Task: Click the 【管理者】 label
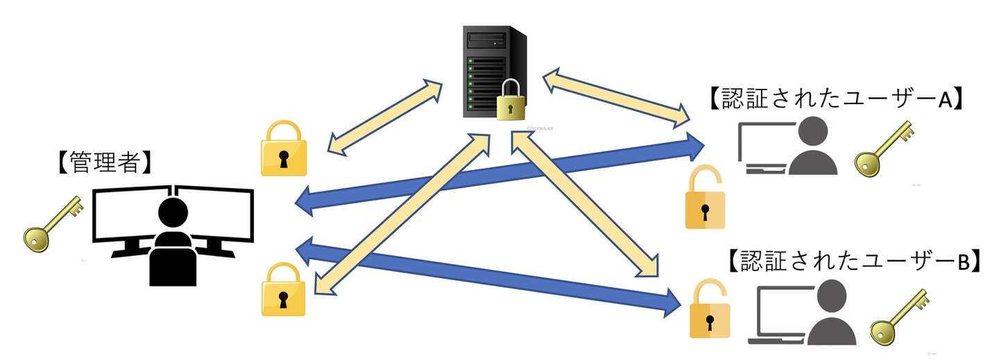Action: [x=101, y=163]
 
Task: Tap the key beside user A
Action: [x=882, y=149]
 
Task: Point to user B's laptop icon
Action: [x=776, y=316]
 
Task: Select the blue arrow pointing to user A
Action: [x=499, y=173]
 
